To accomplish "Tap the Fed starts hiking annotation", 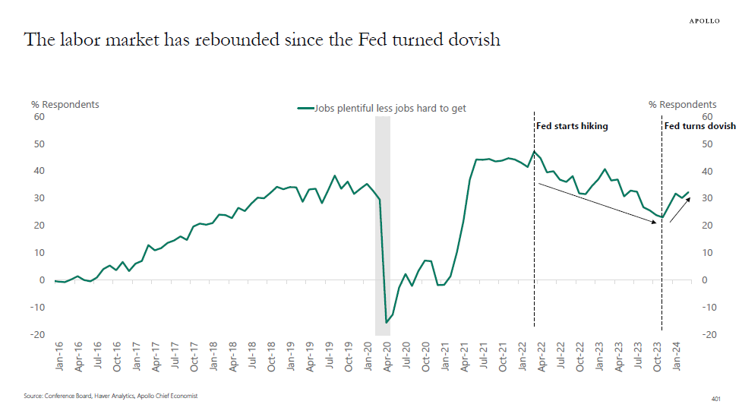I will point(572,126).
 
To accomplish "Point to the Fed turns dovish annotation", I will point(699,126).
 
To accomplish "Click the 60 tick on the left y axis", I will point(39,117).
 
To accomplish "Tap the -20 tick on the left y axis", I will point(37,335).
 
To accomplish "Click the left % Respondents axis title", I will point(65,104).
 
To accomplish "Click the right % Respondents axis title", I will point(682,104).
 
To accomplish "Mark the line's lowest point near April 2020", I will point(387,323).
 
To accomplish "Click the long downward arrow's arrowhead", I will point(657,223).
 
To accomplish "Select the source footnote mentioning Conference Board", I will point(110,396).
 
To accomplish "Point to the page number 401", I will point(715,397).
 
